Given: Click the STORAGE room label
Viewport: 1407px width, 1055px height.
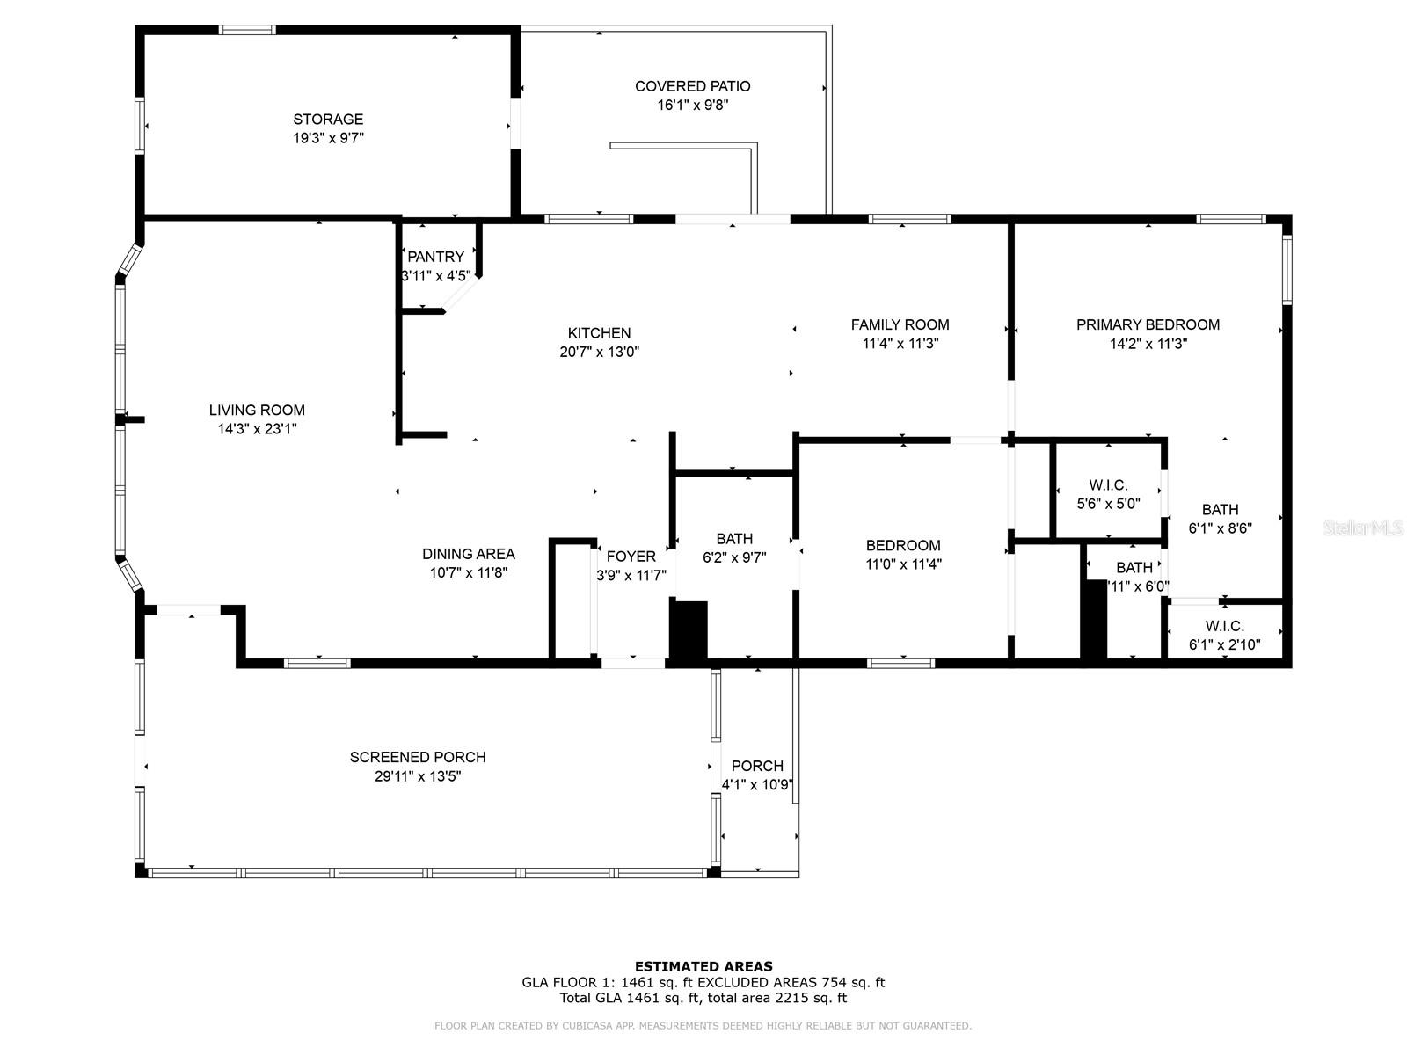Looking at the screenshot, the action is click(x=328, y=120).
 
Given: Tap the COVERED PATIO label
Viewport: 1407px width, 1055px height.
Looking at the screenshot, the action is click(x=692, y=86).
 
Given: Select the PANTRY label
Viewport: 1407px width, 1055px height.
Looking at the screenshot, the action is click(x=436, y=257).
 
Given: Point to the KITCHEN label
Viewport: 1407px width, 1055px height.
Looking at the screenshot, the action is click(x=600, y=333).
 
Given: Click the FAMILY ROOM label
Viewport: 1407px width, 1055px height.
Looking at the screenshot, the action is click(x=900, y=324).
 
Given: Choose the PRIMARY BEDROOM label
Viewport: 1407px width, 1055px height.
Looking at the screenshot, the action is click(x=1148, y=324).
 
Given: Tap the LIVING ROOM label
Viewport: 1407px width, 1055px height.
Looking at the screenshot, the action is click(x=257, y=410).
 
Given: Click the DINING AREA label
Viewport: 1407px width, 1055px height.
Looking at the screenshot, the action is click(x=469, y=554).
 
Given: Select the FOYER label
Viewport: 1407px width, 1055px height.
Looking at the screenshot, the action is click(x=631, y=556).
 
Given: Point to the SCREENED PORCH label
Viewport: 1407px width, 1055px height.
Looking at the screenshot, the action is click(x=418, y=757).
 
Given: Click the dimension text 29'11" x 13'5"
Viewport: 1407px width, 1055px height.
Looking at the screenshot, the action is click(x=418, y=776).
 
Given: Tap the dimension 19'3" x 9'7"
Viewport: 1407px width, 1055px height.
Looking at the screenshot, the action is click(x=329, y=138).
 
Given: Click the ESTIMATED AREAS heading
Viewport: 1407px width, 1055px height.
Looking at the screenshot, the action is click(x=703, y=966).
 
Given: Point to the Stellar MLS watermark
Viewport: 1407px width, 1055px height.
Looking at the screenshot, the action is click(x=1363, y=527).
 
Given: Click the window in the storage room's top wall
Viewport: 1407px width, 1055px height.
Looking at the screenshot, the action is click(x=247, y=30).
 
